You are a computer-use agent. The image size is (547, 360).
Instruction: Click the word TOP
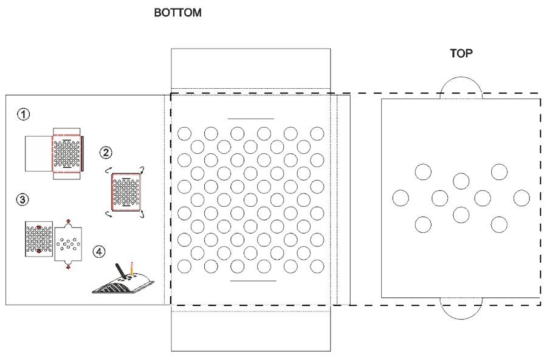[461, 54]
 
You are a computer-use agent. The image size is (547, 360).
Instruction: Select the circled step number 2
[106, 152]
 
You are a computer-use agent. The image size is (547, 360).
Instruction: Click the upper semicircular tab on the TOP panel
[461, 88]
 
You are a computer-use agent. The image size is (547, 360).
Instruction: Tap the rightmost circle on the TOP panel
[521, 198]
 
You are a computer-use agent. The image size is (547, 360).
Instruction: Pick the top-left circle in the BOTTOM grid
[185, 133]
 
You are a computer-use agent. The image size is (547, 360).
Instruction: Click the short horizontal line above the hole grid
[250, 118]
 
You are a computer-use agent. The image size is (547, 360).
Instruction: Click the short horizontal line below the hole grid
[253, 280]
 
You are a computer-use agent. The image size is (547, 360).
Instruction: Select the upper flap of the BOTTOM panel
[250, 68]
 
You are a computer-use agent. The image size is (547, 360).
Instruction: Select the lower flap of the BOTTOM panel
[250, 331]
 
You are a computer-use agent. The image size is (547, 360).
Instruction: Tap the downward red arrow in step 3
[67, 266]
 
